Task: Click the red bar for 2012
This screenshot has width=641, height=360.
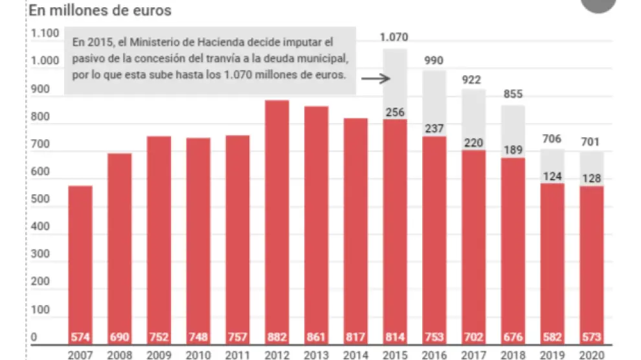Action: [x=277, y=220]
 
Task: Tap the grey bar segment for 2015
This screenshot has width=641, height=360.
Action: [x=395, y=84]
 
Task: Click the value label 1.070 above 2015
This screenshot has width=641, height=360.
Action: [x=394, y=37]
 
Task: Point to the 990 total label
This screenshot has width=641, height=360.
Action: [x=434, y=60]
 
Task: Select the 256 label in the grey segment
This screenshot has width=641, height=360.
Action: [x=395, y=112]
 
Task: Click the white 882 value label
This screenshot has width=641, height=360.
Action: [x=277, y=337]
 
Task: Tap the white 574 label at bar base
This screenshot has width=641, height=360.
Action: [x=80, y=337]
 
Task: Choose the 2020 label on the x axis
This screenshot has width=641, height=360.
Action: [x=592, y=355]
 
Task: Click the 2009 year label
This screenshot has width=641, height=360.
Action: [x=159, y=355]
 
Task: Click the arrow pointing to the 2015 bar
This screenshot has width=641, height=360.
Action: [x=374, y=79]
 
